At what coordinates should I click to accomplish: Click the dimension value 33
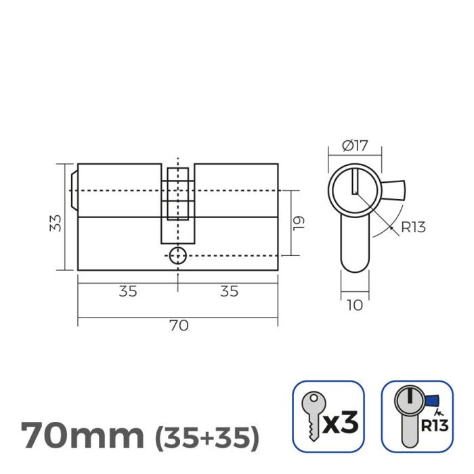[x=57, y=223]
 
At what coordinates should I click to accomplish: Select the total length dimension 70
[x=177, y=325]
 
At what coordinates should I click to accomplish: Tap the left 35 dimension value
[x=128, y=291]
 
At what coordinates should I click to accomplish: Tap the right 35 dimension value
[x=228, y=291]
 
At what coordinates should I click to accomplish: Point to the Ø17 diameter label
[x=354, y=146]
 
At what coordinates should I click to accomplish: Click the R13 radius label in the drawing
[x=413, y=227]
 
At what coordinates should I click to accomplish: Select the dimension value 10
[x=354, y=305]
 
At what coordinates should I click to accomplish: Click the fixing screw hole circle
[x=177, y=256]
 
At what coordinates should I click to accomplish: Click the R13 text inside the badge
[x=433, y=427]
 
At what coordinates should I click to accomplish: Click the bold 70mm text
[x=82, y=435]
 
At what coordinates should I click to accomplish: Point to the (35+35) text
[x=207, y=438]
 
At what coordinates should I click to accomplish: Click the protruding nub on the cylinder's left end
[x=74, y=190]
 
